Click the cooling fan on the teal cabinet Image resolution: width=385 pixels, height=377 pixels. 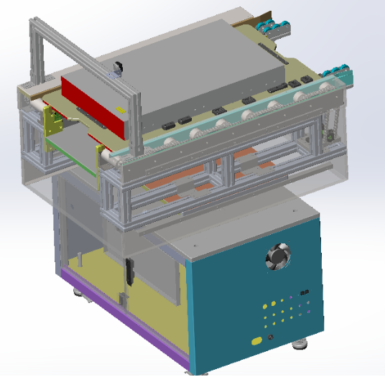[x=277, y=257]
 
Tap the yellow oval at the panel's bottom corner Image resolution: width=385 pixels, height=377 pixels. [x=256, y=340]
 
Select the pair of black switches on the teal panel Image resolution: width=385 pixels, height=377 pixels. [x=305, y=292]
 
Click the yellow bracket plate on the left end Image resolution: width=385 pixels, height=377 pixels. [x=52, y=123]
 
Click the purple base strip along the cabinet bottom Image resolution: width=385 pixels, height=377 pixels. [x=122, y=316]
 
